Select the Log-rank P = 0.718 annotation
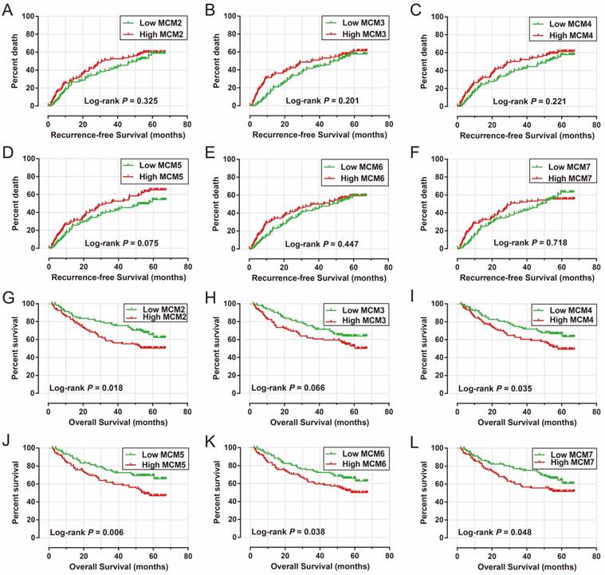point(528,243)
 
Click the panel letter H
point(211,297)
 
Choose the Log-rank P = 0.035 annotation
point(493,388)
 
